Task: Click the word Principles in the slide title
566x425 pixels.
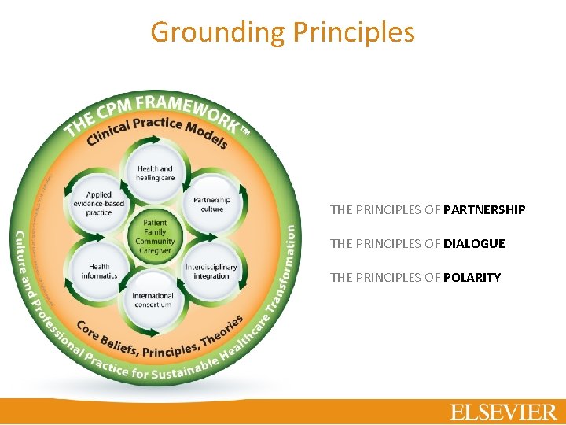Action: pyautogui.click(x=353, y=32)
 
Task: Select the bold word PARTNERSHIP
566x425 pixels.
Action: pyautogui.click(x=484, y=210)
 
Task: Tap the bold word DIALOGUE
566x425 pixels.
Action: pyautogui.click(x=474, y=244)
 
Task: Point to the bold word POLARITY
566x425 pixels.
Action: pyautogui.click(x=472, y=277)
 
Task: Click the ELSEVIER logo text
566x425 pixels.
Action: pyautogui.click(x=503, y=412)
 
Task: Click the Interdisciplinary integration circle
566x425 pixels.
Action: pyautogui.click(x=211, y=271)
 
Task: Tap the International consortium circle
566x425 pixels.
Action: pyautogui.click(x=153, y=301)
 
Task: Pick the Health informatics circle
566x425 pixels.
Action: pyautogui.click(x=99, y=271)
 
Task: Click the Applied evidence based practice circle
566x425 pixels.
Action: pyautogui.click(x=99, y=203)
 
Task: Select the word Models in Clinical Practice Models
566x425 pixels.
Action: pyautogui.click(x=205, y=136)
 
